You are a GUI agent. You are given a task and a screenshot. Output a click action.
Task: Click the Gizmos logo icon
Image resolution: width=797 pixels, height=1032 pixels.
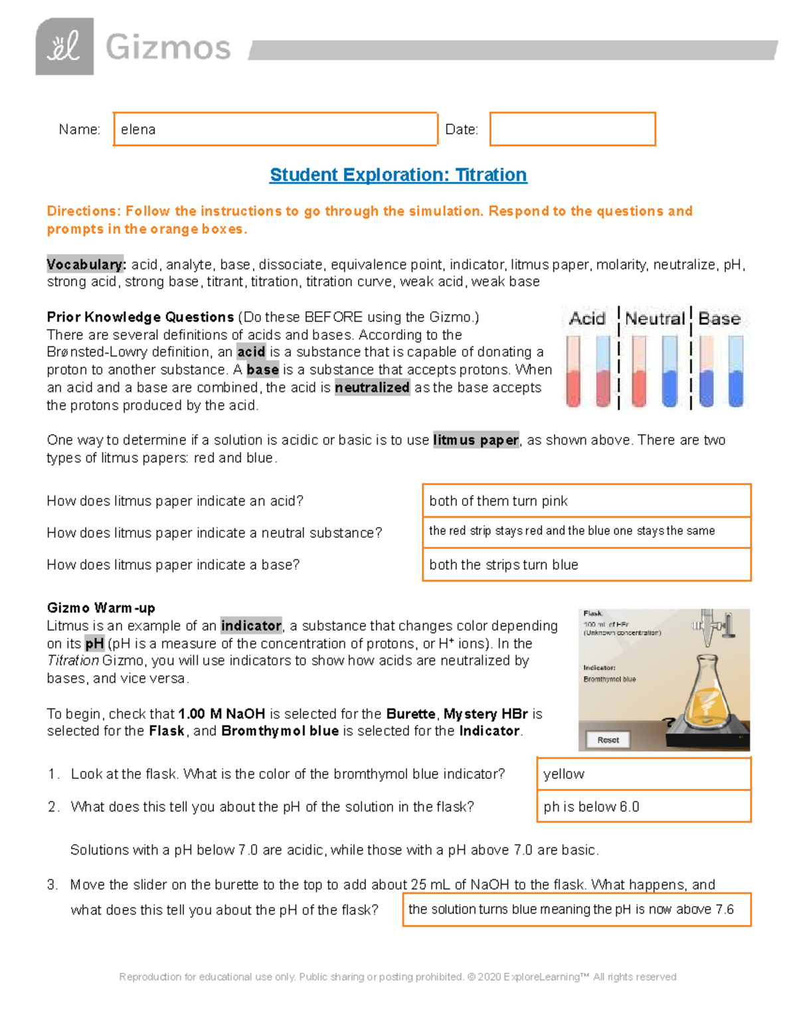click(64, 47)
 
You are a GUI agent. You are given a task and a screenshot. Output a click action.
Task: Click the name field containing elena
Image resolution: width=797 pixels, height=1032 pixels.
click(275, 129)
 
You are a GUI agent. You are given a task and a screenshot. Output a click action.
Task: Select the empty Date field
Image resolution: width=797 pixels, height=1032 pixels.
click(573, 129)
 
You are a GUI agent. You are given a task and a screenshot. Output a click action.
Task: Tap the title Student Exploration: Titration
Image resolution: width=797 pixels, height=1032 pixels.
click(398, 175)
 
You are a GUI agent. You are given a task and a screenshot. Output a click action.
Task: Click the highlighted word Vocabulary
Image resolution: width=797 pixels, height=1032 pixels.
click(86, 264)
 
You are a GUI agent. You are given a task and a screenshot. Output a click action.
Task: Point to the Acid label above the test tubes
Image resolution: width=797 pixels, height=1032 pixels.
click(587, 319)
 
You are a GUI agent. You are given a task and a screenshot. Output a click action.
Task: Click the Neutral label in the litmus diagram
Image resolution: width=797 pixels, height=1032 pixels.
click(654, 319)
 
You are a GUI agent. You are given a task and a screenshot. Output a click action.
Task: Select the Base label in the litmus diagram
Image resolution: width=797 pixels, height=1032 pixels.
click(719, 319)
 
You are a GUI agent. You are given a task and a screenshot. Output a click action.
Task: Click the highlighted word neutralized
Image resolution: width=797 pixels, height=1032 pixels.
click(372, 388)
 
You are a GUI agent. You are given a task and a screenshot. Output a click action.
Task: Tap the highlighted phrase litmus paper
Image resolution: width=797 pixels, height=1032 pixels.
click(476, 440)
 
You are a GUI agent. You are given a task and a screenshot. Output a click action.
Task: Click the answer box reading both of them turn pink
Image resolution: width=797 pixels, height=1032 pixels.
click(586, 501)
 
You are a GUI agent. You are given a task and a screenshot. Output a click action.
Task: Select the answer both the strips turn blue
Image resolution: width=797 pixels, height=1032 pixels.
click(586, 565)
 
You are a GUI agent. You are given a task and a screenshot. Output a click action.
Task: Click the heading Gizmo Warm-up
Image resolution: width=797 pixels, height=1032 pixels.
click(101, 608)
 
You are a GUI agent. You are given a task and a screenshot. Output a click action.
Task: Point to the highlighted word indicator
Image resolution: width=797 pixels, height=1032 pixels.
click(251, 626)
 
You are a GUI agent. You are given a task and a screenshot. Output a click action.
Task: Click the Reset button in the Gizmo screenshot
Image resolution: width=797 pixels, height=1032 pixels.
click(608, 740)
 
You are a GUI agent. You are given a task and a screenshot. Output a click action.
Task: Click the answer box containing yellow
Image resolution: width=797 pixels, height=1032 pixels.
click(644, 774)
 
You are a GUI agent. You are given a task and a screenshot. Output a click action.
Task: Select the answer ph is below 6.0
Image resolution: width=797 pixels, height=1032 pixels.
click(644, 807)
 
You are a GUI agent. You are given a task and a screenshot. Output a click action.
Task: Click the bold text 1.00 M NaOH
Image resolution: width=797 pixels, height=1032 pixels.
click(222, 714)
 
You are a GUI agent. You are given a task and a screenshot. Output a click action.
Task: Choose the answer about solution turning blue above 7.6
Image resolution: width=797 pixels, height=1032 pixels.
click(576, 910)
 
